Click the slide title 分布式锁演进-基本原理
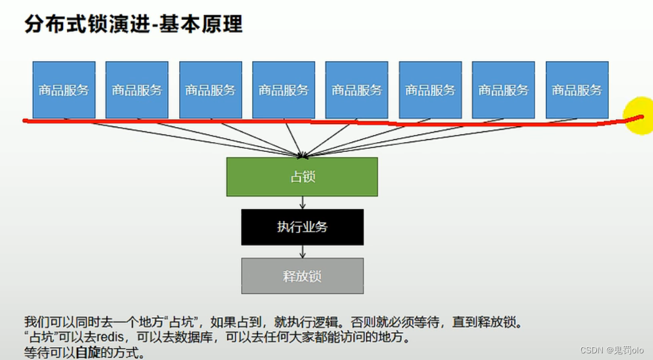(x=133, y=25)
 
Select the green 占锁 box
(x=302, y=177)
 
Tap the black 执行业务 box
(x=302, y=227)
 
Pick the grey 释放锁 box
(x=302, y=276)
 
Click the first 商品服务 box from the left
(x=64, y=90)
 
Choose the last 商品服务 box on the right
(x=577, y=90)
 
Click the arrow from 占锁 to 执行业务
(x=302, y=203)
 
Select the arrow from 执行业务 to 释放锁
(x=302, y=251)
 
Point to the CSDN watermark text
(x=611, y=350)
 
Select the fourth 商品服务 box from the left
(x=283, y=90)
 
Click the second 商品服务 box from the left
(x=137, y=90)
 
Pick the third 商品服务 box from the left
(x=211, y=90)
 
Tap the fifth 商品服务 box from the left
(x=356, y=90)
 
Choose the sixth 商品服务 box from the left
(x=430, y=90)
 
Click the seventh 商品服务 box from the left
(x=504, y=90)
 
